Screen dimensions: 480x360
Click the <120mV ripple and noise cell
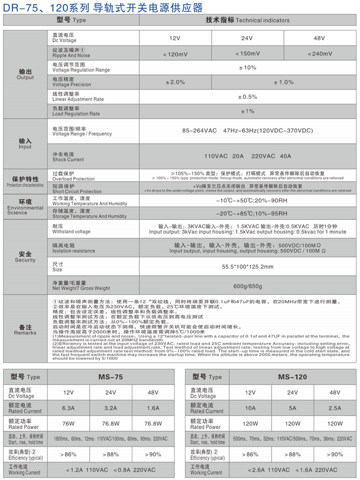[175, 54]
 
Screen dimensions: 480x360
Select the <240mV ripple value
[320, 54]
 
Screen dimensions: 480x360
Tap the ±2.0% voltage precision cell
[175, 82]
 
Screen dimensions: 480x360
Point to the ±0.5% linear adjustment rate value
[248, 97]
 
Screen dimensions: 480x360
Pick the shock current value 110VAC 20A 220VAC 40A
[248, 156]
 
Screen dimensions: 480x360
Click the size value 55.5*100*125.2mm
[248, 267]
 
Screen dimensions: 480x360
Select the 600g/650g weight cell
[248, 286]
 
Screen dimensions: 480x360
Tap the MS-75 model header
[110, 377]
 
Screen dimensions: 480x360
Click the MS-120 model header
[292, 377]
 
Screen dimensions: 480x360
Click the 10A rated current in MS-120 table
[250, 408]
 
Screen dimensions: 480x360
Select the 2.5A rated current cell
[335, 408]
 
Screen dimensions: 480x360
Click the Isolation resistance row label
[74, 248]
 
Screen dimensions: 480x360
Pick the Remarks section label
[25, 330]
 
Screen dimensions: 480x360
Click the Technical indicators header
[248, 20]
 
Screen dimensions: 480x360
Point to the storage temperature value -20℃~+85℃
[248, 213]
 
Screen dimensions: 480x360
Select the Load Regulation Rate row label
[76, 111]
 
